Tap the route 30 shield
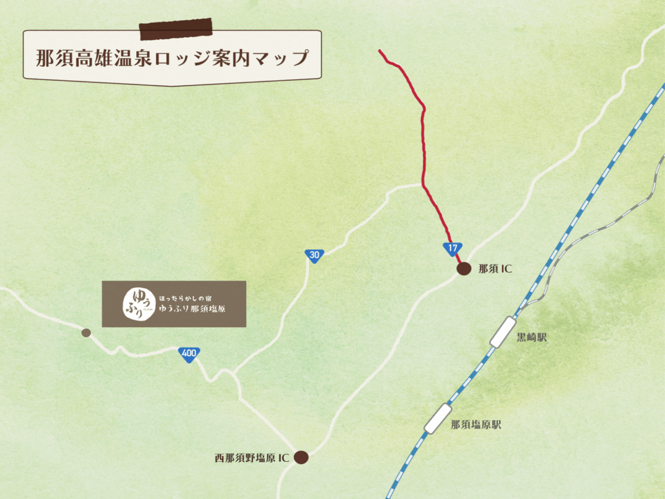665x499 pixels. click(314, 256)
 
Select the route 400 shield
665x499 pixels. click(190, 354)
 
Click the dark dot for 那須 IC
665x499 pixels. click(464, 269)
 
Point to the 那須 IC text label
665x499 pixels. click(495, 269)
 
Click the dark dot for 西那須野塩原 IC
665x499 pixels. click(301, 457)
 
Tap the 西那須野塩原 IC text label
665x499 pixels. click(252, 458)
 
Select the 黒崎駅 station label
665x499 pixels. click(531, 338)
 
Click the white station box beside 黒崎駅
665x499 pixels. click(503, 332)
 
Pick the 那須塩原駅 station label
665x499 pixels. click(476, 425)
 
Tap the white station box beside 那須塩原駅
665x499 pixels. click(438, 419)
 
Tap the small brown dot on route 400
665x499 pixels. click(86, 333)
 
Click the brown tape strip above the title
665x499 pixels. click(176, 30)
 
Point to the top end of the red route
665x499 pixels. click(380, 51)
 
